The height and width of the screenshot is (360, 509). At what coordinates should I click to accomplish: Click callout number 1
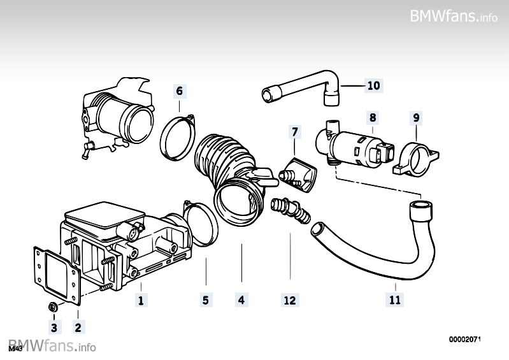140,300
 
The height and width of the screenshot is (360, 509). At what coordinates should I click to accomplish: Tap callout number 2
78,328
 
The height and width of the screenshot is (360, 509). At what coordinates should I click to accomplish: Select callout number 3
54,328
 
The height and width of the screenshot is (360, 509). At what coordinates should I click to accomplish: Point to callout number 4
241,300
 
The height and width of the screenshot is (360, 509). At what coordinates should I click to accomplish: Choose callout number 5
205,300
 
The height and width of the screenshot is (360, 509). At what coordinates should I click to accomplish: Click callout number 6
179,91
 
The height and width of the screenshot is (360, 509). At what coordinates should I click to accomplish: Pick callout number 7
294,132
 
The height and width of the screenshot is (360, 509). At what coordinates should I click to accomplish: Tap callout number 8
373,117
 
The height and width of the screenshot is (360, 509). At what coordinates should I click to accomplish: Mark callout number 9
415,117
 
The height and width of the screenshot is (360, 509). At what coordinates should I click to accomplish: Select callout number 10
373,85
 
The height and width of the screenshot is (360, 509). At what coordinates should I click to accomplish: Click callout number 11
395,300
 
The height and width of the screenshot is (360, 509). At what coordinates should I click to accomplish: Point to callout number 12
290,300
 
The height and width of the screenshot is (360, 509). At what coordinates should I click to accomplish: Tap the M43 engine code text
15,349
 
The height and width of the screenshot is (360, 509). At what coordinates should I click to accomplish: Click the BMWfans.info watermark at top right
454,16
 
